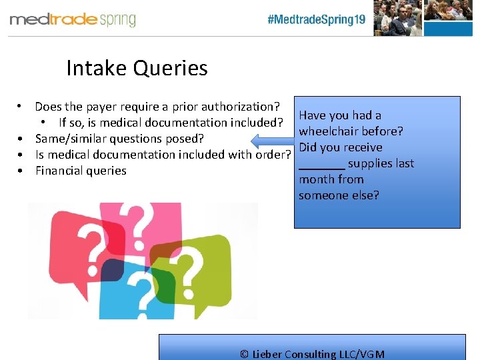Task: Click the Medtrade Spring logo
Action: click(73, 19)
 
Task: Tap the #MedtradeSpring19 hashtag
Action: click(316, 19)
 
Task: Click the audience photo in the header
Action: click(426, 17)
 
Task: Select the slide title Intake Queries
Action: click(137, 68)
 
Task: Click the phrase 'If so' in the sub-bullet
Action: click(72, 123)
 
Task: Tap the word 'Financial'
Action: click(57, 171)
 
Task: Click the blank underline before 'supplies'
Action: click(321, 165)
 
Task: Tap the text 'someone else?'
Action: click(339, 195)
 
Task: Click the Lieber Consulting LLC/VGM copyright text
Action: click(312, 354)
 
